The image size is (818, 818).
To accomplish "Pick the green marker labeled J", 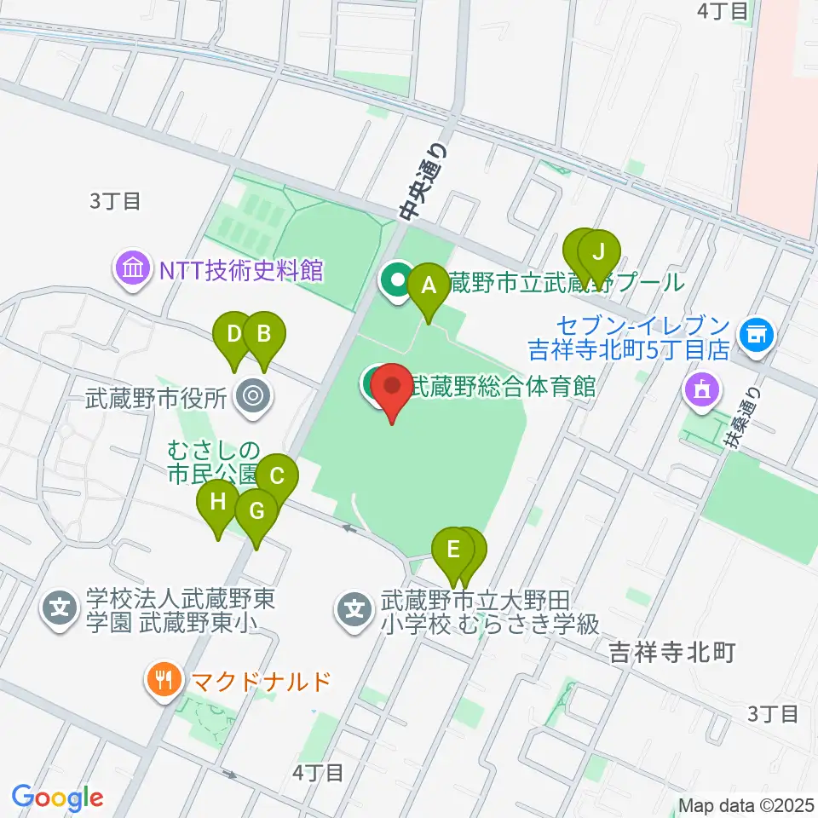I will pos(598,253).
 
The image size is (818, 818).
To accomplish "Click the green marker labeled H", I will pos(218,502).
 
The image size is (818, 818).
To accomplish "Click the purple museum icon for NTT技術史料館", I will pos(135,270).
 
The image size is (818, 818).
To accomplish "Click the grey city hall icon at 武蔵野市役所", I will pos(252,395).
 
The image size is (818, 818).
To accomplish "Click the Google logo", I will pos(58,798).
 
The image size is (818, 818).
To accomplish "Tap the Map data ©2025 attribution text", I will pos(747,805).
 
